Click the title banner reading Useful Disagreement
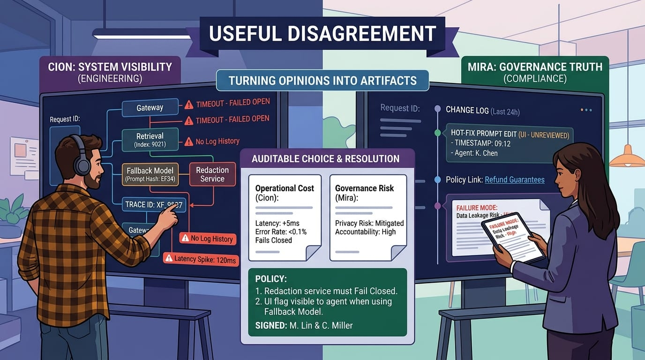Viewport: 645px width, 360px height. pyautogui.click(x=322, y=34)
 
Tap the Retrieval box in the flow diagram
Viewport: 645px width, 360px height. pyautogui.click(x=150, y=139)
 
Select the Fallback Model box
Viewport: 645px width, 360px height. pyautogui.click(x=150, y=174)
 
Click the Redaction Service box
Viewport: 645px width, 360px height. pyautogui.click(x=212, y=174)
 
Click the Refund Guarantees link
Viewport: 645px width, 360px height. pyautogui.click(x=514, y=180)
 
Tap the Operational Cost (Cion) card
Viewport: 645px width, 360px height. pyautogui.click(x=285, y=217)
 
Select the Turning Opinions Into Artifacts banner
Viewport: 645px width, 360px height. pyautogui.click(x=322, y=81)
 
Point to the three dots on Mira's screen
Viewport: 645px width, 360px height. pyautogui.click(x=586, y=110)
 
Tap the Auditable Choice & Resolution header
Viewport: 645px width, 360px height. pyautogui.click(x=325, y=158)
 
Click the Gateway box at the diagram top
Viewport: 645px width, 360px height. pyautogui.click(x=150, y=108)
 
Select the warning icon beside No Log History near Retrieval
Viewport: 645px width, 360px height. pyautogui.click(x=188, y=142)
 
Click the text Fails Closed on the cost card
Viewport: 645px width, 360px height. pyautogui.click(x=273, y=240)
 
